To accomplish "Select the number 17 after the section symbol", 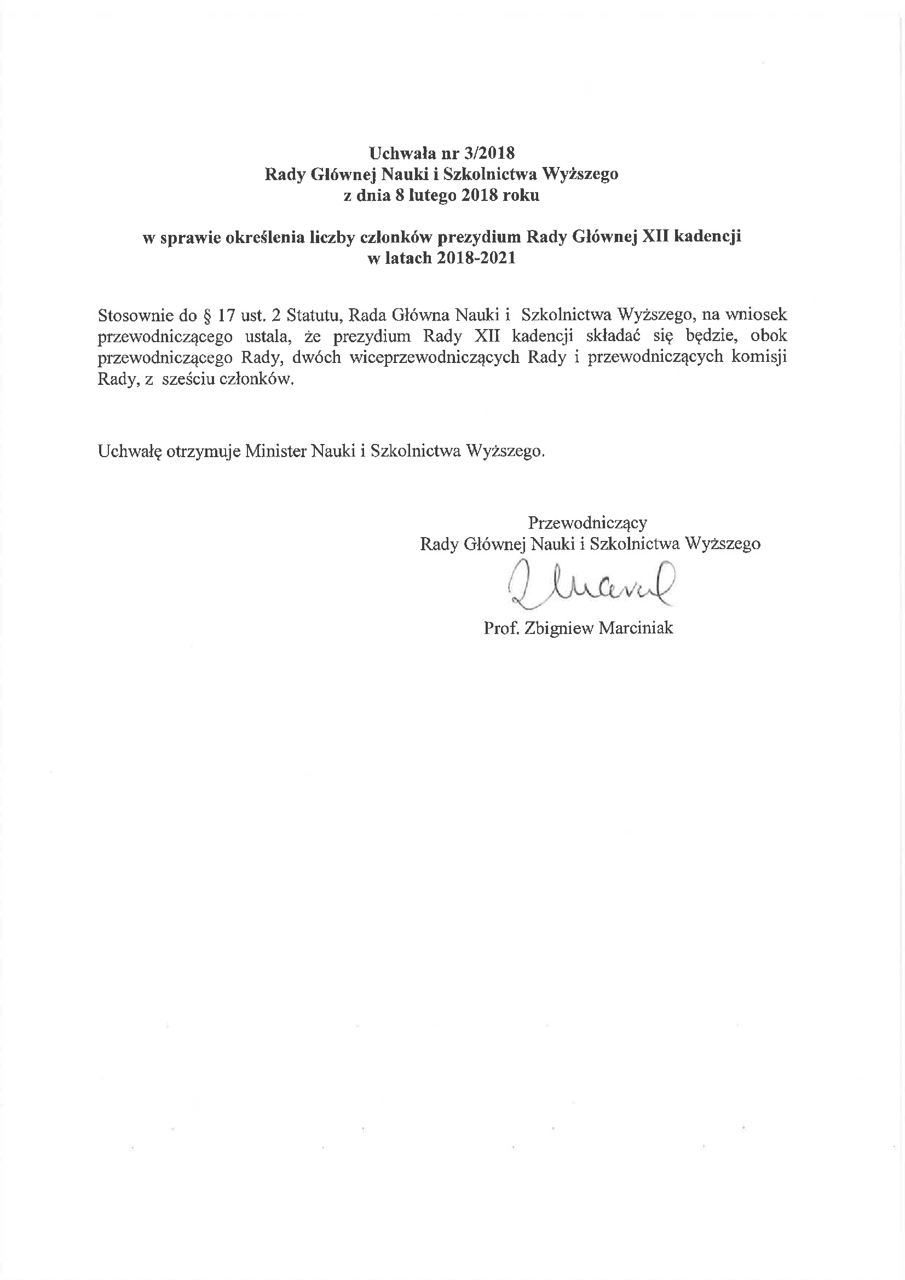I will pos(228,315).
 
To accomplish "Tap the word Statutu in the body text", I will pos(313,315).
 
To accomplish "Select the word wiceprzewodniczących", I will pos(435,358).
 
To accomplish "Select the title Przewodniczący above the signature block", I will pos(587,523).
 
